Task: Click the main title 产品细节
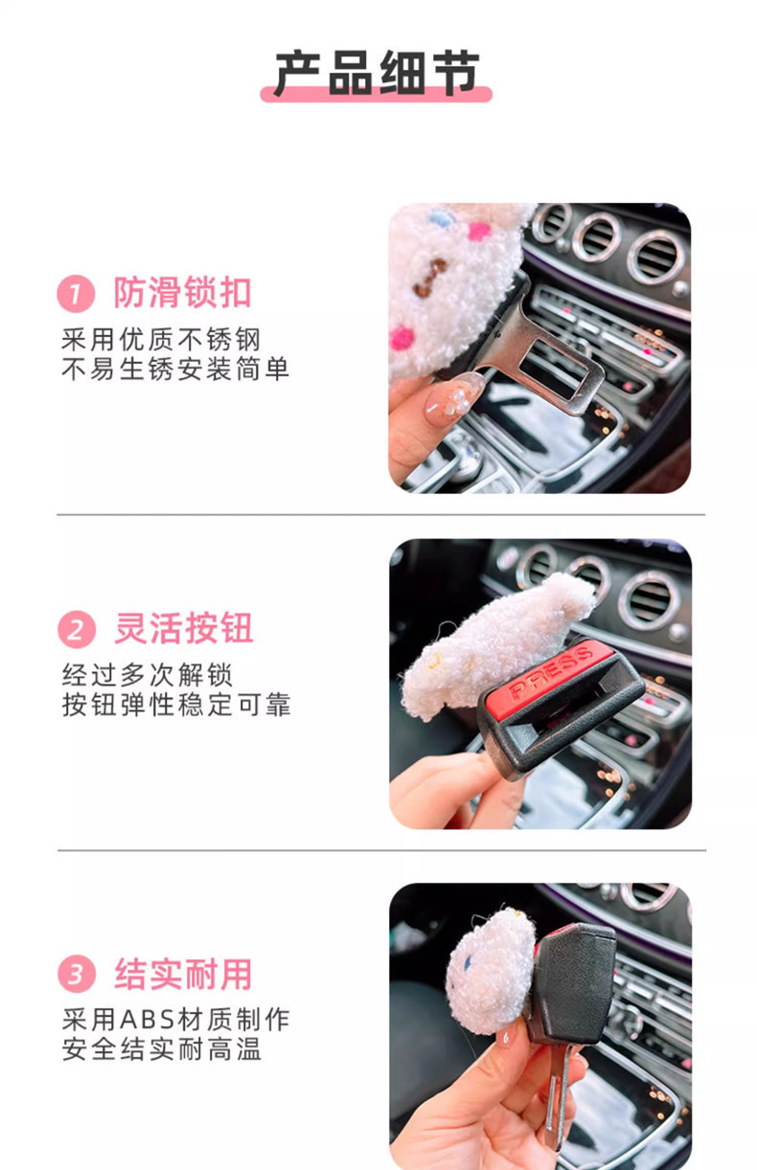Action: coord(377,73)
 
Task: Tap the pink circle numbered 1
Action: coord(76,294)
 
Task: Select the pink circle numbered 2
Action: coord(77,629)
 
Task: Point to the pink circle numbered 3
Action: coord(77,974)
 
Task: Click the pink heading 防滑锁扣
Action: coord(183,293)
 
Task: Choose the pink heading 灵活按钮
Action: coord(183,628)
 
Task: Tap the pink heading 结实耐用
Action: coord(183,974)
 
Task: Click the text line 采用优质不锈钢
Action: coord(160,340)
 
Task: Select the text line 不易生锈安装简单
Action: coord(175,369)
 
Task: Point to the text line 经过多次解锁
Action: coord(147,675)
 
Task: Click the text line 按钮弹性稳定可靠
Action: coord(176,705)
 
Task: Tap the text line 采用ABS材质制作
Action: coord(175,1019)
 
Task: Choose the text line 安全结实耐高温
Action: coord(161,1048)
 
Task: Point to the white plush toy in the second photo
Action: coord(499,645)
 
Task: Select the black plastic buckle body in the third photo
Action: coord(572,982)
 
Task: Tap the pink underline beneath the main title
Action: coord(377,95)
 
